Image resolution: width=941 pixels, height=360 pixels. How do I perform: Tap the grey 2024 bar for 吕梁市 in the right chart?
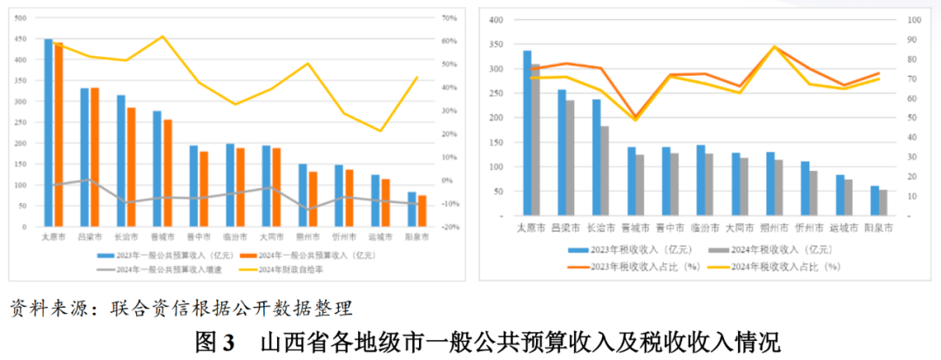click(570, 157)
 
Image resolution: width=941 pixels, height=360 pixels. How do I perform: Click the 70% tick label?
click(450, 18)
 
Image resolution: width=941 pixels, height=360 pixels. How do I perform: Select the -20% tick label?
click(450, 228)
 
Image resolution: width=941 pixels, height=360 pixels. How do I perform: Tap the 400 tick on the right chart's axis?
click(498, 20)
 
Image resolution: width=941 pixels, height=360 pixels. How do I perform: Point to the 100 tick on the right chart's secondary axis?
click(914, 20)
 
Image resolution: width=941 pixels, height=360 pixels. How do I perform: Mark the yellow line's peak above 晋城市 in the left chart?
click(162, 37)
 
